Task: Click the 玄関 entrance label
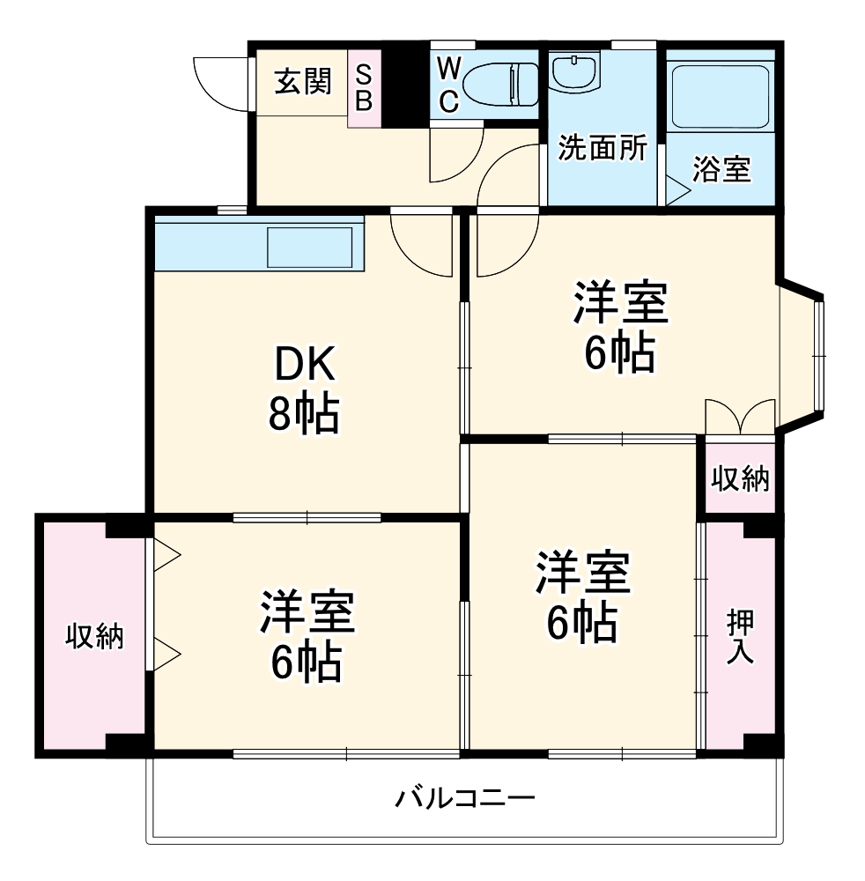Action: (303, 82)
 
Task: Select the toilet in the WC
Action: (499, 85)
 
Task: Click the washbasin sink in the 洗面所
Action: (575, 71)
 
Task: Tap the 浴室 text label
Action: (721, 169)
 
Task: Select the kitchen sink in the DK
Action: (309, 247)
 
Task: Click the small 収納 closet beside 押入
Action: (740, 479)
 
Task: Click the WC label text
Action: (448, 85)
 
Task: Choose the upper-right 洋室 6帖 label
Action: (619, 326)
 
